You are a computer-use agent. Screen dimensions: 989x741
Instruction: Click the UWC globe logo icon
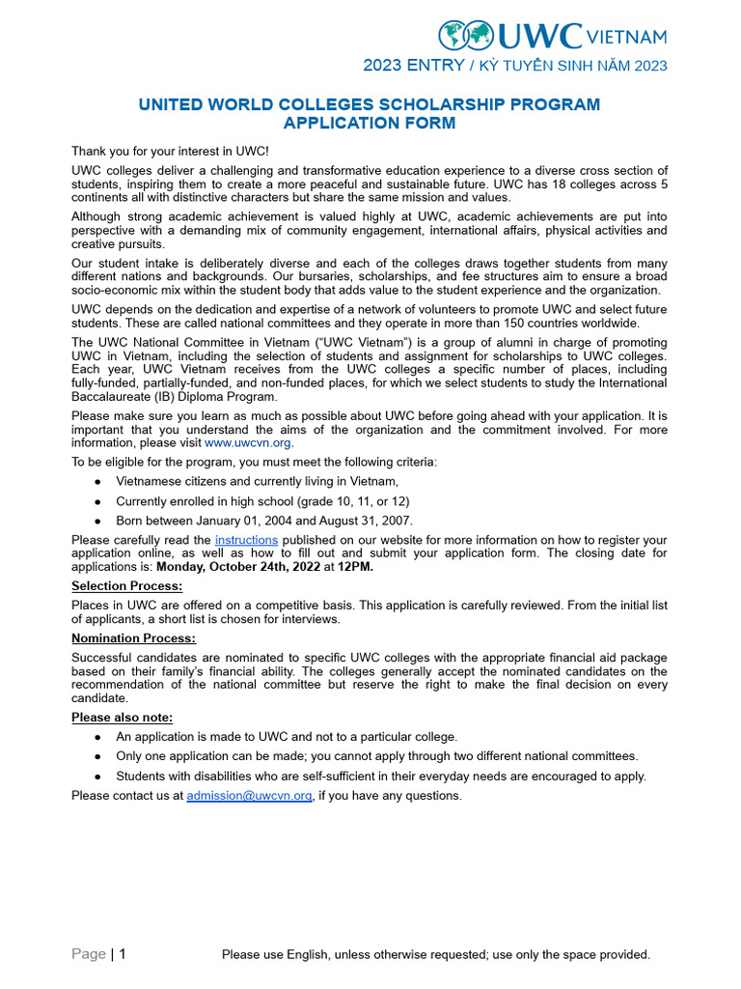coord(466,36)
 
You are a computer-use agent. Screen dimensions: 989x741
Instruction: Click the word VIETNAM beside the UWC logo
coord(626,37)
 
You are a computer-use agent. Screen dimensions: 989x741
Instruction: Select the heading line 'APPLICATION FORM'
coord(370,123)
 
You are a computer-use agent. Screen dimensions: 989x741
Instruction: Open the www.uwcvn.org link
coord(248,442)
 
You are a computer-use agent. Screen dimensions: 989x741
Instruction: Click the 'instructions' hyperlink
coord(246,539)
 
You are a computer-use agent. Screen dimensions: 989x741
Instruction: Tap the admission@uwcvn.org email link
coord(249,796)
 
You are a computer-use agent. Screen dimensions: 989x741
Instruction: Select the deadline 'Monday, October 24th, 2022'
coord(238,567)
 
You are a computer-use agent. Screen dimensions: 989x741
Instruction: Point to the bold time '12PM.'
coord(355,567)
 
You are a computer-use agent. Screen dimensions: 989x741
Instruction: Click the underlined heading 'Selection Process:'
coord(127,586)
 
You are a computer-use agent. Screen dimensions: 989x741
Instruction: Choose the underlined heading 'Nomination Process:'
coord(133,638)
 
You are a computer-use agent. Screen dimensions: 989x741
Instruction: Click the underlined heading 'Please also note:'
coord(123,718)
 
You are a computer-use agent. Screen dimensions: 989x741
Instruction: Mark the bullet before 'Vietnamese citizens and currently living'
coord(98,482)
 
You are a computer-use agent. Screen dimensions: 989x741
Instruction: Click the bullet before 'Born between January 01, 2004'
coord(98,522)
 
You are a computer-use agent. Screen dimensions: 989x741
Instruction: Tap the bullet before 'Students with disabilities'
coord(98,777)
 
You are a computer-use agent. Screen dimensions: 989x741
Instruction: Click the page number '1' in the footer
coord(123,954)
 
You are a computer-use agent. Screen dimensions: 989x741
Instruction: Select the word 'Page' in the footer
coord(89,954)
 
